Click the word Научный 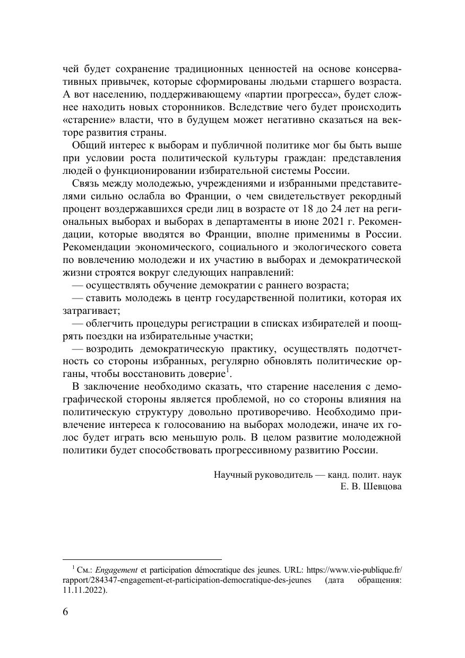click(232, 474)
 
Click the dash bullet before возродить click(76, 349)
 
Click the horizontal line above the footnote click(142, 559)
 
